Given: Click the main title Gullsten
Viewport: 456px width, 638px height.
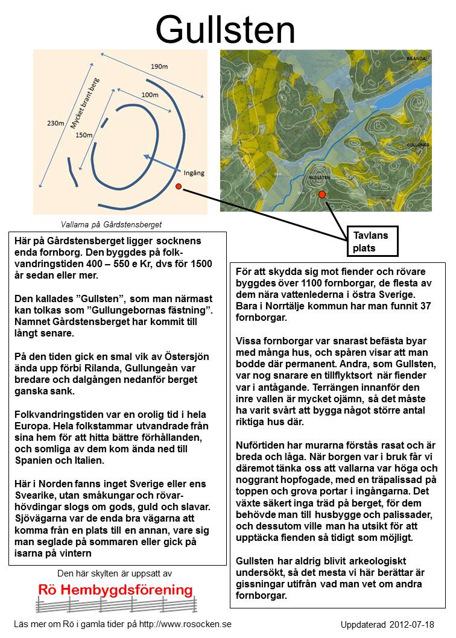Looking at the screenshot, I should [x=225, y=28].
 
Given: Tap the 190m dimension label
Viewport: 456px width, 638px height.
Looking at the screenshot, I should [x=159, y=66].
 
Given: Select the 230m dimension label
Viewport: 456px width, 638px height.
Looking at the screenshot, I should [x=56, y=124].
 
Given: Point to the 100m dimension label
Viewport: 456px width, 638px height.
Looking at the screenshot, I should [x=150, y=95].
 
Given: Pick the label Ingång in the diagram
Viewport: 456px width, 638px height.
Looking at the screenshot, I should [x=194, y=173].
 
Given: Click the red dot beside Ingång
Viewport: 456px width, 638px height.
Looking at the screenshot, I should [x=179, y=187].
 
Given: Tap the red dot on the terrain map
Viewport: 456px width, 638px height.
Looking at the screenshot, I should [x=322, y=194].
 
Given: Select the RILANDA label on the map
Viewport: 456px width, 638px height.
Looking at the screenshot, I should [x=416, y=58].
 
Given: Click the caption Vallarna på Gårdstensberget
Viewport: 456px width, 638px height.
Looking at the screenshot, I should [x=112, y=225].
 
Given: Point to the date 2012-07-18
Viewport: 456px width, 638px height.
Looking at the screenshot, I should [x=412, y=625].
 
